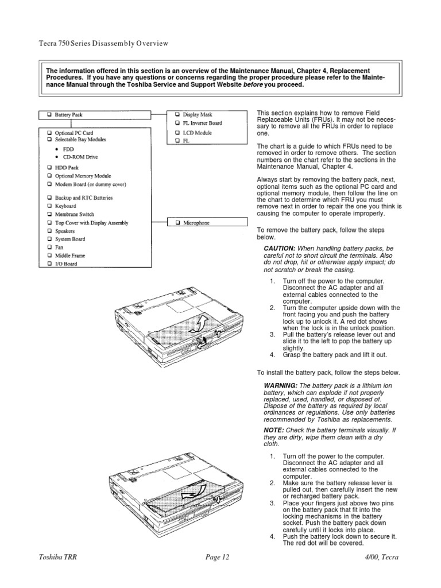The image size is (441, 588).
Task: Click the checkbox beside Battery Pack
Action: pos(49,115)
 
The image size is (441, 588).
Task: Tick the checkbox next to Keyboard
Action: pos(49,206)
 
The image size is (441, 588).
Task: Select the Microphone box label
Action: pos(196,223)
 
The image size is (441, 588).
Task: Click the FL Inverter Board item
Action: pos(202,123)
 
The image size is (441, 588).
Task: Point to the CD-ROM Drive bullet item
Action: pos(80,157)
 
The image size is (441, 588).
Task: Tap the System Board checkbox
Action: pos(49,239)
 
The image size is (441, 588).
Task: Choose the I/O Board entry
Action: pos(66,264)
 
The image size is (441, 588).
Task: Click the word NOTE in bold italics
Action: pos(273,430)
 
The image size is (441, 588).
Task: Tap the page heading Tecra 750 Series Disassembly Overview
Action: pos(103,44)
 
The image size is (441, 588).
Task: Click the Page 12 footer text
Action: pos(217,557)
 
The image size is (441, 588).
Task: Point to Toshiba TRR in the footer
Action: pos(58,557)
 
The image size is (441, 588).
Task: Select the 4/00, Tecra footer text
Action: pos(382,557)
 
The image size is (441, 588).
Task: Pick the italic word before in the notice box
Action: pos(253,85)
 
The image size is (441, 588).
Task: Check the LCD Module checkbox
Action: pos(177,133)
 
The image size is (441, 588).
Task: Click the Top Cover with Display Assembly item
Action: pos(92,223)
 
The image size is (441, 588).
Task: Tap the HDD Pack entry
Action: pos(67,168)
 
